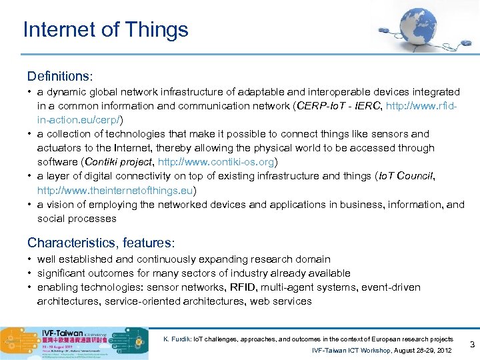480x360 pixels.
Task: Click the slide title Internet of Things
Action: click(105, 29)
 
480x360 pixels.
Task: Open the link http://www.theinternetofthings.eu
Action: click(116, 190)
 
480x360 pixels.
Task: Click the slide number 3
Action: click(472, 345)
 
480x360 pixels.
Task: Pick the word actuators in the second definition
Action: click(59, 148)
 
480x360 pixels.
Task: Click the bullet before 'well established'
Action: click(30, 259)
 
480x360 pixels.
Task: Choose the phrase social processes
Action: click(77, 218)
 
